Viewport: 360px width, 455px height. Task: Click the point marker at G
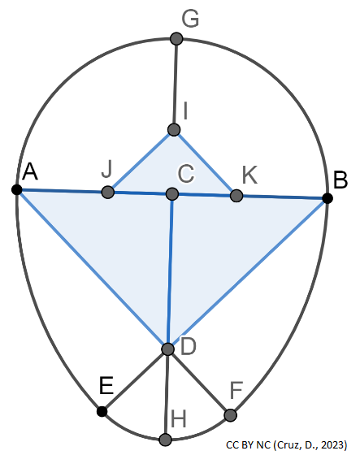(176, 38)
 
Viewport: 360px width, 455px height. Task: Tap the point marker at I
(173, 129)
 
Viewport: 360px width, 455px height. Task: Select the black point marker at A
(16, 189)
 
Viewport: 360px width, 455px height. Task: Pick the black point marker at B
(327, 198)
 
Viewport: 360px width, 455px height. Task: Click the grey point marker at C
(171, 193)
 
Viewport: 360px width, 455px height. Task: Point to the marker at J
(107, 192)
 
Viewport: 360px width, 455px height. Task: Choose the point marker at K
(236, 196)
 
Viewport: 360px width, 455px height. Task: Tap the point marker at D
(167, 349)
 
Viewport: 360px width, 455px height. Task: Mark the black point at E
(102, 412)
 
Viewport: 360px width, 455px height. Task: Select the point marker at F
(230, 415)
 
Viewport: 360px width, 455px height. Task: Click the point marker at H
(166, 440)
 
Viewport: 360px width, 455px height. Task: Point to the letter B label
(340, 179)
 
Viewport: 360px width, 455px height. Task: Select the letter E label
(106, 388)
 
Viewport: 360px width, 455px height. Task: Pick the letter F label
(236, 392)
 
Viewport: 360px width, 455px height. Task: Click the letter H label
(179, 418)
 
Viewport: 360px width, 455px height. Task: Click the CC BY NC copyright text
(288, 444)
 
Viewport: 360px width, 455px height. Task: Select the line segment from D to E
(135, 380)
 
